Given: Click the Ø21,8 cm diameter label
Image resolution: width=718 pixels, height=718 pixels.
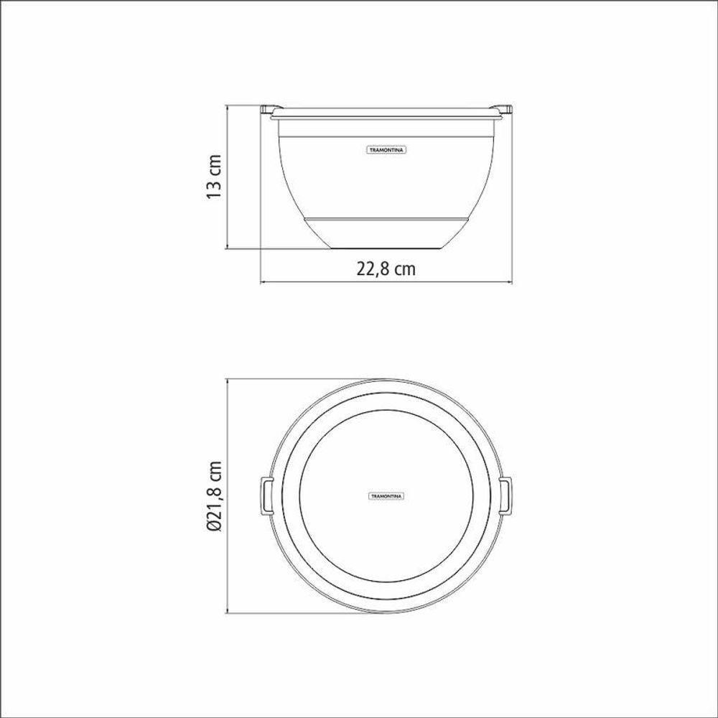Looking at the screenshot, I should [215, 496].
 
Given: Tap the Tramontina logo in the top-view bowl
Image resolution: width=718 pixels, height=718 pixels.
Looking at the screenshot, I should [387, 495].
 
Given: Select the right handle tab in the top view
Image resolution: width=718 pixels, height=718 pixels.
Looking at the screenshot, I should [508, 495].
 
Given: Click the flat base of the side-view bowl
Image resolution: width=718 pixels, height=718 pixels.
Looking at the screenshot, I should [387, 248].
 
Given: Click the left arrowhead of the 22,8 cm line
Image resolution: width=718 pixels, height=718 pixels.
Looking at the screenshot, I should [262, 283].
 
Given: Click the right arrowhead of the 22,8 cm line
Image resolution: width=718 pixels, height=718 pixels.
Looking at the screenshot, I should [512, 283].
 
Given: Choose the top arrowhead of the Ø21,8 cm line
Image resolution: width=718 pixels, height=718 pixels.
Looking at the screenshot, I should [228, 378].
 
